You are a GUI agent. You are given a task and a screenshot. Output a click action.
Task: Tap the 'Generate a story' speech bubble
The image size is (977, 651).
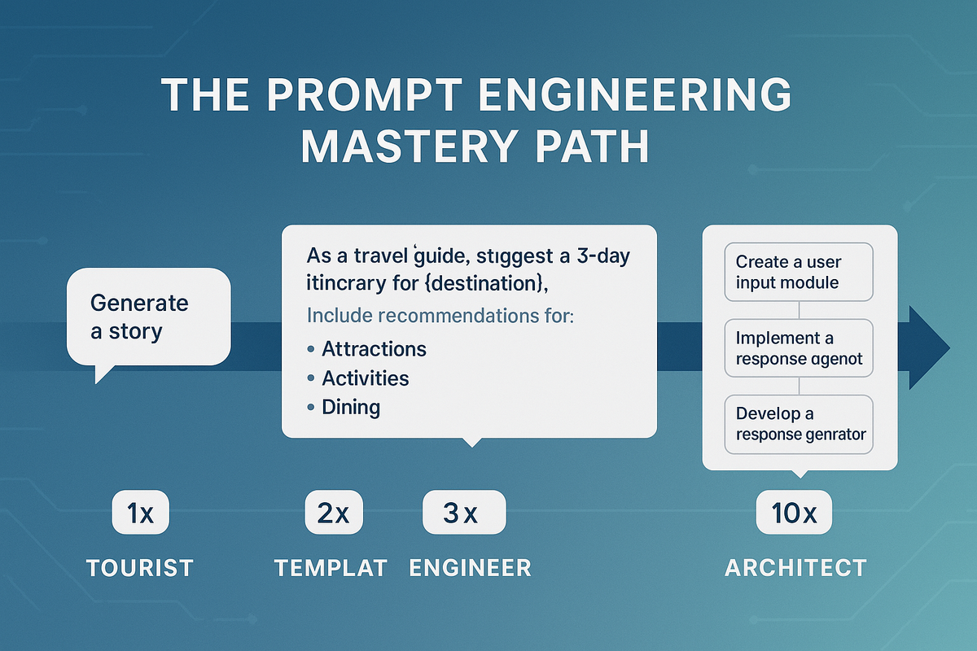148,317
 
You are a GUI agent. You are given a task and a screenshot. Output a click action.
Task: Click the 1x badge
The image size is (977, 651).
140,513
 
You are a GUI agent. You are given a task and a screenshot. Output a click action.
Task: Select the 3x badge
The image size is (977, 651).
464,513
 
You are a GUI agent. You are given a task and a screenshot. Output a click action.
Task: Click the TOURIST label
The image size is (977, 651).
140,567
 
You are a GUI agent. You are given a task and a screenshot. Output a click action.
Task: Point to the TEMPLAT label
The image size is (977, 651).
331,567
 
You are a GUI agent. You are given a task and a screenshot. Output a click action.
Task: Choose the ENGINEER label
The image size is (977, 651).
470,567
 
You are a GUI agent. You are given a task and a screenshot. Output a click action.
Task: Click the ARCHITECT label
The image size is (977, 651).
795,567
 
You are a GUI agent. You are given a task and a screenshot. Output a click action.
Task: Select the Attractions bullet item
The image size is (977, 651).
374,349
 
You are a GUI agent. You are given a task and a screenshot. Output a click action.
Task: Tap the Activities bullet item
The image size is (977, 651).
365,378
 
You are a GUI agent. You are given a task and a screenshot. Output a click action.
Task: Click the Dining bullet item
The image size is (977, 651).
351,406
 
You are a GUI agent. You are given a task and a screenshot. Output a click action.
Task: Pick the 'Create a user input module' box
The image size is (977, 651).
799,273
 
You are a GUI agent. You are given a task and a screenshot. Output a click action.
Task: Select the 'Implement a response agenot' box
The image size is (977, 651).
799,348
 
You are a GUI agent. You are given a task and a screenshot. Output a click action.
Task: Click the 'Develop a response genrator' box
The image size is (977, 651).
799,424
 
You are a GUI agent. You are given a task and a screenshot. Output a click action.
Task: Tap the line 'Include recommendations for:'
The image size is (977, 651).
440,315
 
